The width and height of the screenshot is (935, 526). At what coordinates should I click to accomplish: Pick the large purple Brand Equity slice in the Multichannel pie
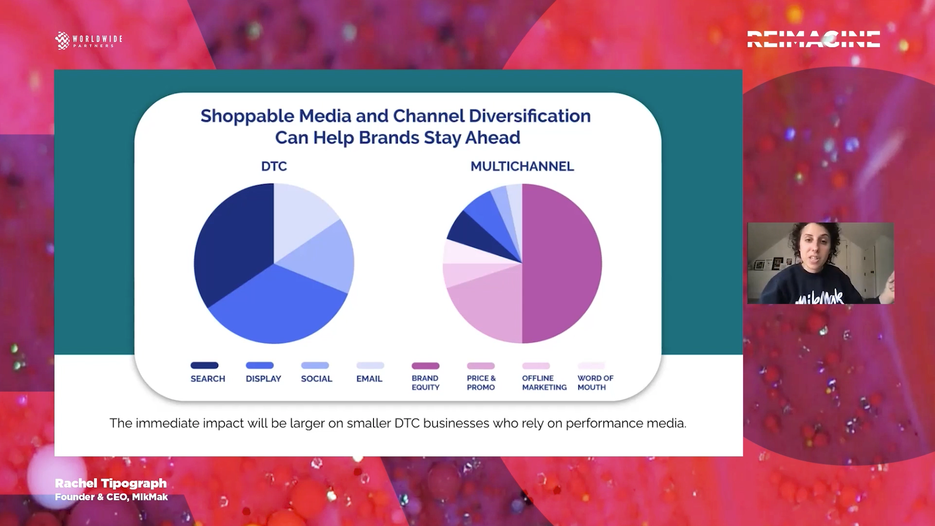(562, 263)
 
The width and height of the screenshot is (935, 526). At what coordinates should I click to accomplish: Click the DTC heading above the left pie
(274, 167)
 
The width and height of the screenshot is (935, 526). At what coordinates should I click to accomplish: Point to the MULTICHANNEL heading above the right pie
(522, 167)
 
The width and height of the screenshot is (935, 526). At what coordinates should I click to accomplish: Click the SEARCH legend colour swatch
(205, 365)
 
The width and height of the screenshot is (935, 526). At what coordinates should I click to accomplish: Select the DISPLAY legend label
(263, 379)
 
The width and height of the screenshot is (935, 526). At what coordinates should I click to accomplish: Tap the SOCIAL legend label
(317, 379)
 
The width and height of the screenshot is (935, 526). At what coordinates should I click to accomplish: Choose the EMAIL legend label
(369, 379)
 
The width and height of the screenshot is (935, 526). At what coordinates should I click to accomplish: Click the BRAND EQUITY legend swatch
(426, 366)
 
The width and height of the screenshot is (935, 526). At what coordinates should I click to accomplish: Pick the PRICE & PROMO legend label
(481, 383)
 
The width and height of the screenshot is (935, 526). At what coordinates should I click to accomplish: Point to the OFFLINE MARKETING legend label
(544, 383)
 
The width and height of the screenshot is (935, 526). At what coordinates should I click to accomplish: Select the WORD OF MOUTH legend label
(595, 383)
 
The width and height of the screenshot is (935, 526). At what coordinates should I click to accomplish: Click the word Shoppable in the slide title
(247, 116)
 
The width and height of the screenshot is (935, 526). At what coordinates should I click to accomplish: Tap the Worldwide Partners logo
(89, 40)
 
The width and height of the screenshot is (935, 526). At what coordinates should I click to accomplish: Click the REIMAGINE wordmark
(813, 39)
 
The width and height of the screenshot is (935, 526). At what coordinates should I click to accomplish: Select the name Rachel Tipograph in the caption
(111, 483)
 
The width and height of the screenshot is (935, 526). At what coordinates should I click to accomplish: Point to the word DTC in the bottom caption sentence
(407, 423)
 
